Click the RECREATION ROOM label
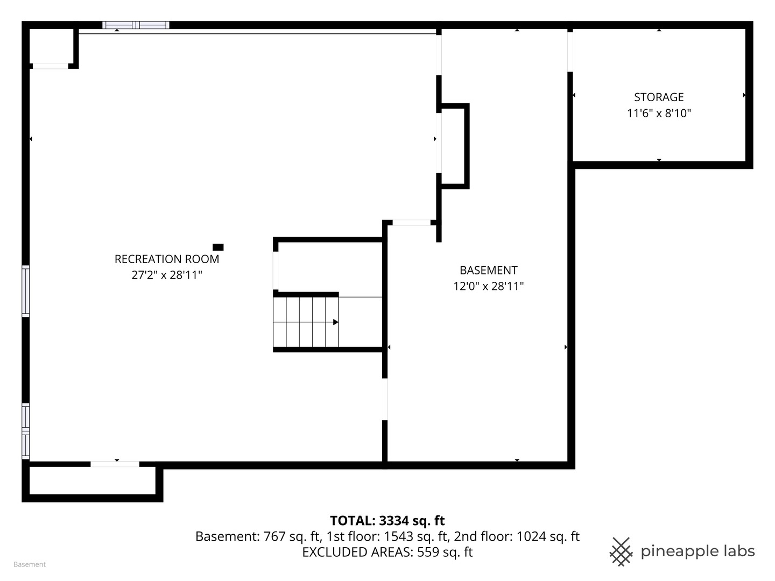167,259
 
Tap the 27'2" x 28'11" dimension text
167,275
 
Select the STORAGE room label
659,97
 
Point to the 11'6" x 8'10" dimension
659,113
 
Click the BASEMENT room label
488,270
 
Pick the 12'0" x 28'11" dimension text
488,286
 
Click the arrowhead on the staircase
336,322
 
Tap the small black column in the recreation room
218,247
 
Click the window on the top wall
136,25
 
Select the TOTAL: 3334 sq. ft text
387,520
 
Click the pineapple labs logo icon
621,552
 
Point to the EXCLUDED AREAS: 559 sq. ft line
387,552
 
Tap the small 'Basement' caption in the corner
30,564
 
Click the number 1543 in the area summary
398,536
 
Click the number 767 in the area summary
274,536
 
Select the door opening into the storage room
570,52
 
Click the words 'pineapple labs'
697,552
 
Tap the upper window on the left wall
25,291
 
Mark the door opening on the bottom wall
115,464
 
